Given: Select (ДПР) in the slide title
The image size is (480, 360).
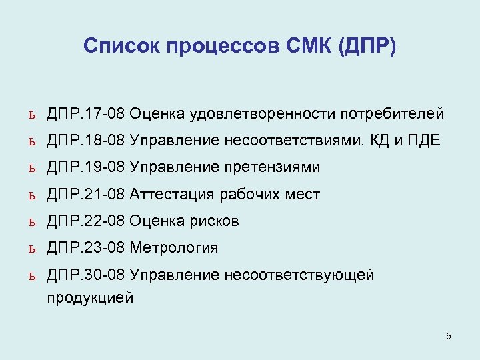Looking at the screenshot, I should click(367, 47).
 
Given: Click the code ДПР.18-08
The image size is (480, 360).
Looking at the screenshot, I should click(85, 141).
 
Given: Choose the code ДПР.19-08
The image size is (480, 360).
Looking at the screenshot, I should click(85, 167).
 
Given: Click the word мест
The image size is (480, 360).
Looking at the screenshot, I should click(303, 195).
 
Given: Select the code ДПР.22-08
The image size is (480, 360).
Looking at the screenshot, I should click(85, 221).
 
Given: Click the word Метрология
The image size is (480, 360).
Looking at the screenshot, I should click(174, 248).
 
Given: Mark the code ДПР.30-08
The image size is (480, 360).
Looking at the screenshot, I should click(85, 275).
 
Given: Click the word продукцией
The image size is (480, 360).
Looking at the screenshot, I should click(90, 297).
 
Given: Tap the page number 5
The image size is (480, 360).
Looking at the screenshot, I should click(449, 336).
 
